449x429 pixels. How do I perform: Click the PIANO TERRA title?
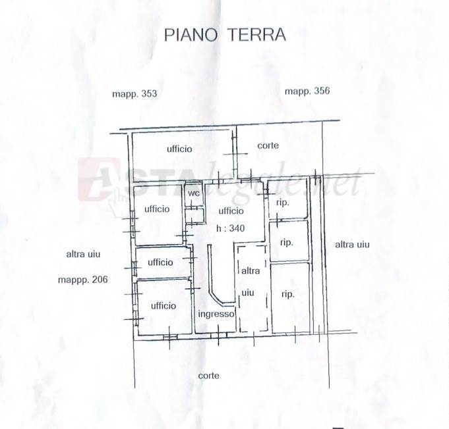(225, 35)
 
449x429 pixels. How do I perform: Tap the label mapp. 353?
(135, 94)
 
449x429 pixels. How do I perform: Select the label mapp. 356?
(307, 91)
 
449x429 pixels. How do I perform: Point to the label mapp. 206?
(83, 279)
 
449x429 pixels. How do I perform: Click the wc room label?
(194, 193)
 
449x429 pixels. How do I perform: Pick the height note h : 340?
(231, 228)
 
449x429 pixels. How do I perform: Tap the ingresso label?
(216, 314)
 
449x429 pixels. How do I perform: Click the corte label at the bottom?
(209, 376)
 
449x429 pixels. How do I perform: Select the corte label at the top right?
(268, 145)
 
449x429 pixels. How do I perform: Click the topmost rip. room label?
(283, 203)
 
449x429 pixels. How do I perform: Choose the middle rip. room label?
(286, 243)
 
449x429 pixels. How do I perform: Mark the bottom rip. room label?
(287, 294)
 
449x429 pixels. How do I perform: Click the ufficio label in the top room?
(179, 149)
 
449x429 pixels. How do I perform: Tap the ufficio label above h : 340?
(231, 211)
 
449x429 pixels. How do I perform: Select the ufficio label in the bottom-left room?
(164, 306)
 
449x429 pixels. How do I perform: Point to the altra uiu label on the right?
(352, 245)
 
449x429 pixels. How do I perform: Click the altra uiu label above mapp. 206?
(83, 254)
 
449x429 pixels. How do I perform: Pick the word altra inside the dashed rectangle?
(251, 270)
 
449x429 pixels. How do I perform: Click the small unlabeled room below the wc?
(195, 216)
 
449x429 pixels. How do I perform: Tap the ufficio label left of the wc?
(157, 209)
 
